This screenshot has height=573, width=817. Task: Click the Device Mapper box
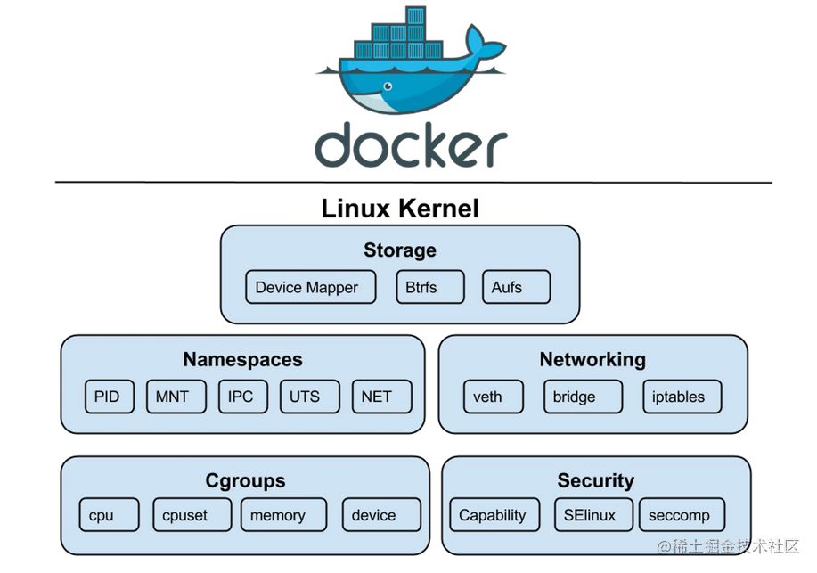306,287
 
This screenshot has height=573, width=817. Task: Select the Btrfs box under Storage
430,287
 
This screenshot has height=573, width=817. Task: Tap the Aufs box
516,287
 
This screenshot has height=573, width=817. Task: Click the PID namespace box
107,397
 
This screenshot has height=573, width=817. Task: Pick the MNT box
173,397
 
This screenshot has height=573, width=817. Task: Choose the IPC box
241,397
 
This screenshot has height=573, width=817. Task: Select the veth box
488,397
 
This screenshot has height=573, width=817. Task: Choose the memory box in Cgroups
278,514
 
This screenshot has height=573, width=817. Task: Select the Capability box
493,514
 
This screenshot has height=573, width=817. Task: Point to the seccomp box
680,514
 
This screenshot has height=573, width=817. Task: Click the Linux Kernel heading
400,209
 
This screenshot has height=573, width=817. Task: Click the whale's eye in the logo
387,86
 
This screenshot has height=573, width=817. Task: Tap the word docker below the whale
411,145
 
